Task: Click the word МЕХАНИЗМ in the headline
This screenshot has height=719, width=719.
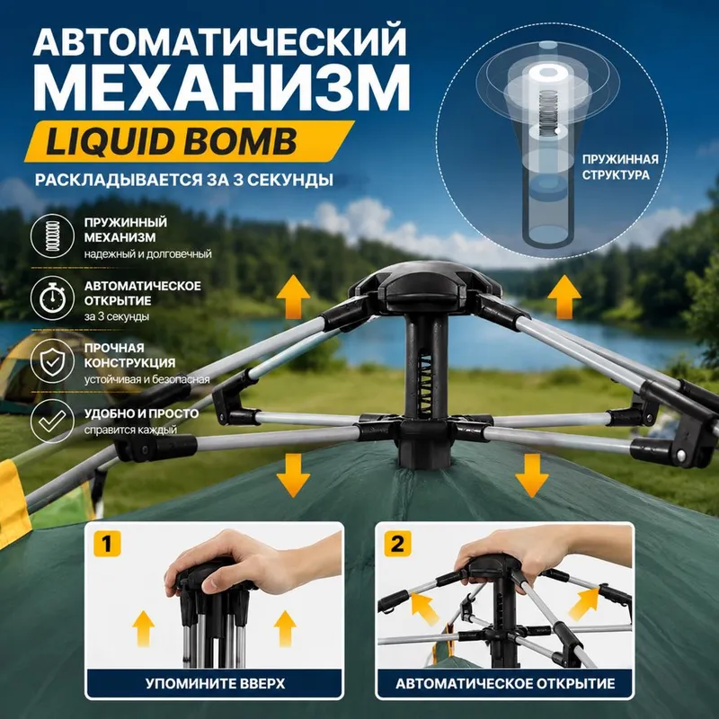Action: [x=222, y=88]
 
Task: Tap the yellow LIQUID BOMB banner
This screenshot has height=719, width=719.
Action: [x=189, y=141]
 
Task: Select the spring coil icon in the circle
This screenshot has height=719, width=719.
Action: [x=52, y=236]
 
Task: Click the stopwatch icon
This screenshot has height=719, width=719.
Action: [x=52, y=298]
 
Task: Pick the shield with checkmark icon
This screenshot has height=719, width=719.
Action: [x=52, y=361]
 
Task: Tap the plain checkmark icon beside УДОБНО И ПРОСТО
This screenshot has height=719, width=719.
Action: [x=52, y=421]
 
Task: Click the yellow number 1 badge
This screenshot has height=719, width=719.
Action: [x=107, y=544]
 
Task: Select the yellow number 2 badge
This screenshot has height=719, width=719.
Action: [x=397, y=544]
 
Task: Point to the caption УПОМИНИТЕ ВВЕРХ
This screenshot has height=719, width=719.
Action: [x=215, y=684]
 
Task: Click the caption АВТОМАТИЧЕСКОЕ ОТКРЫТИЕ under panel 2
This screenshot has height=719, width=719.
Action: [x=505, y=684]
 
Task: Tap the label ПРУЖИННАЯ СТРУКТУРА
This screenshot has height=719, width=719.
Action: [x=620, y=167]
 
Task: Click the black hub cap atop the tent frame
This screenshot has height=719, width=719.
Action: [x=425, y=285]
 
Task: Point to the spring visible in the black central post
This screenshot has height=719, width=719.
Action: [x=424, y=386]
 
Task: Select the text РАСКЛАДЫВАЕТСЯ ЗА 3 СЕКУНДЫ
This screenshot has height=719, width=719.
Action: [x=184, y=180]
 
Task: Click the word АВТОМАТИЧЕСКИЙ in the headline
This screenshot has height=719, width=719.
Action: [x=219, y=41]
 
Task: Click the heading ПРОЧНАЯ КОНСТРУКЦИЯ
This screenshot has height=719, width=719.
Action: [x=129, y=355]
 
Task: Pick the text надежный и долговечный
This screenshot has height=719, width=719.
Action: [x=147, y=253]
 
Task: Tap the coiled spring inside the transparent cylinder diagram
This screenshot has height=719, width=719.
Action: [x=546, y=112]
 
